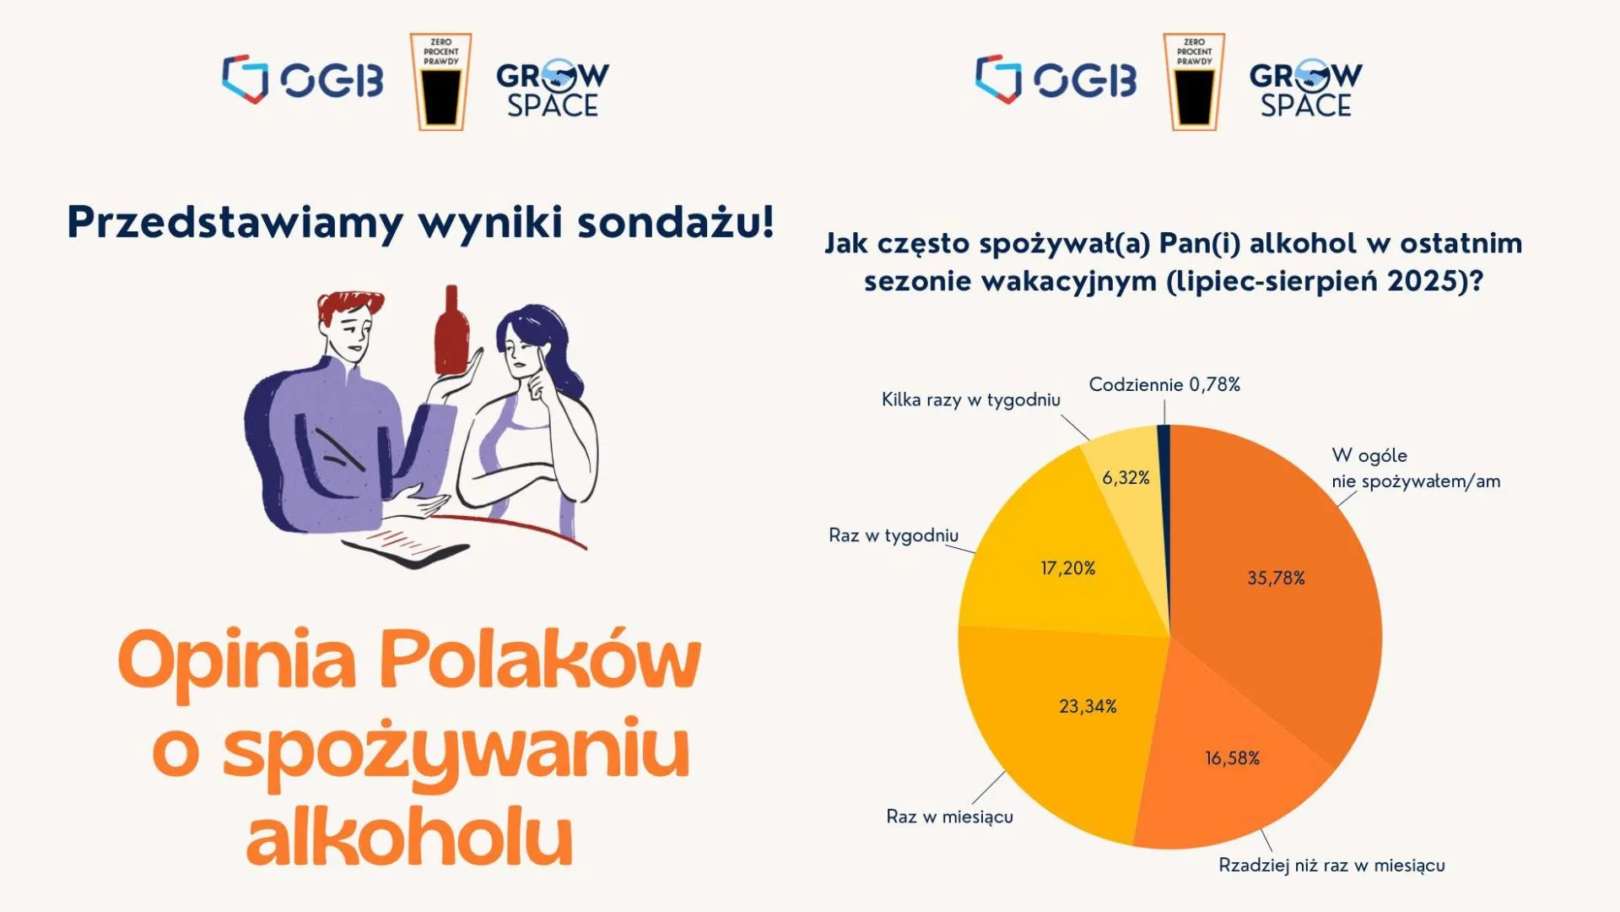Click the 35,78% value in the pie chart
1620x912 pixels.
(1276, 578)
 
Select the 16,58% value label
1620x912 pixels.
(1232, 758)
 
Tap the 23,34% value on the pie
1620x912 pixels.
(1088, 706)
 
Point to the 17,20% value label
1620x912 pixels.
(1067, 568)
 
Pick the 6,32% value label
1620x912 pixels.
(1126, 478)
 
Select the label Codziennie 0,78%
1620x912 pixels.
(1164, 385)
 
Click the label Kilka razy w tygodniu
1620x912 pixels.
(971, 400)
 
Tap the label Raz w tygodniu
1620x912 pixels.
(894, 535)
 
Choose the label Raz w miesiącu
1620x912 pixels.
(949, 817)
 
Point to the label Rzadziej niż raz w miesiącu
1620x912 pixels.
(1331, 866)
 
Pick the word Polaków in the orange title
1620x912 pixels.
(540, 661)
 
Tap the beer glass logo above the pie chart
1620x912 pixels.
(1194, 82)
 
